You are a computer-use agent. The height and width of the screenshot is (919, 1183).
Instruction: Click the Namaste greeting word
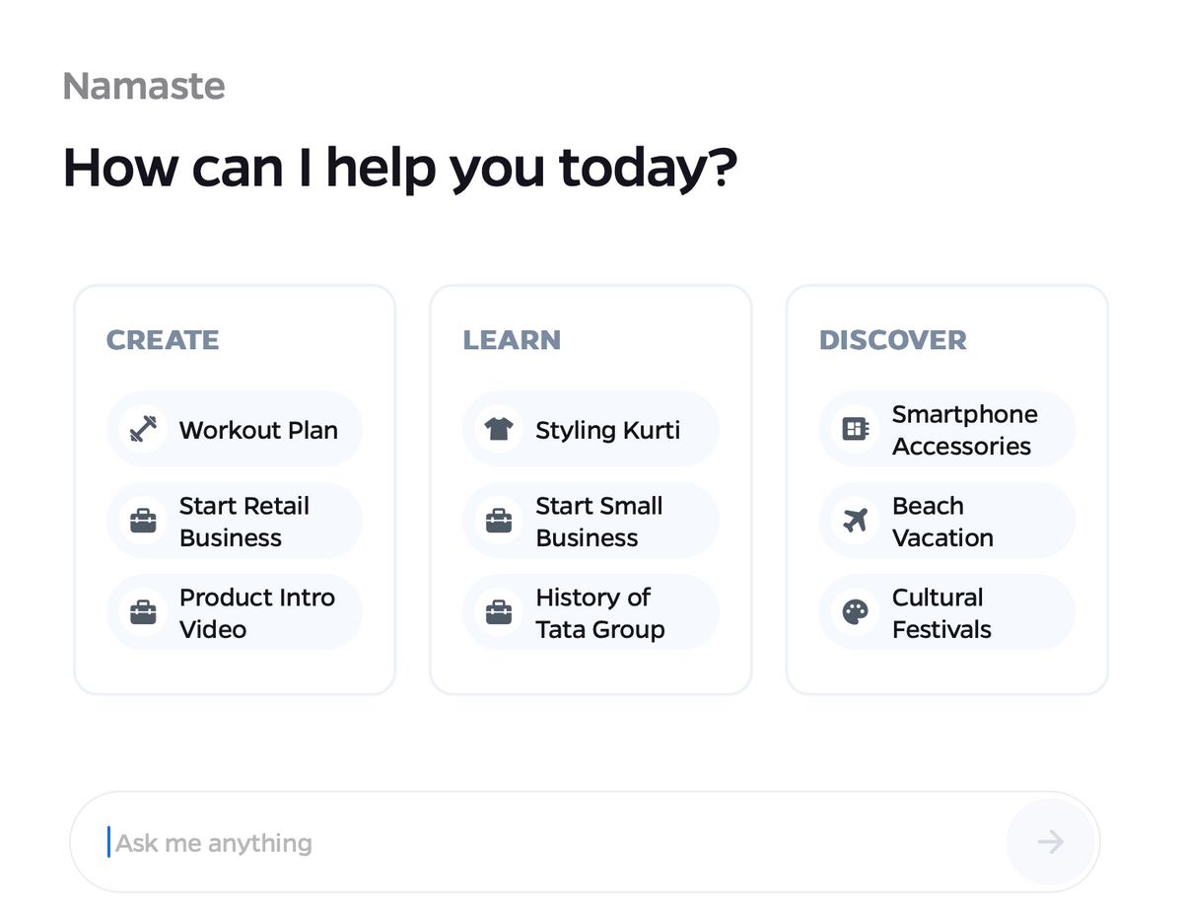(144, 86)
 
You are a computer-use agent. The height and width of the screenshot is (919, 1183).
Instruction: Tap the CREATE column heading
(163, 340)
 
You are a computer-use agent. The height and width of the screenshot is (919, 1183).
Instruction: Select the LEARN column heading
(512, 340)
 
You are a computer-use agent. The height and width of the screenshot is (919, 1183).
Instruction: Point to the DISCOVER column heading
(892, 340)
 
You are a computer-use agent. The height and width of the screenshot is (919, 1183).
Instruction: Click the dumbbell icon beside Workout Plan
(143, 430)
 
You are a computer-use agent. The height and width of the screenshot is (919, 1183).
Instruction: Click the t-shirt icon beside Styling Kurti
(499, 430)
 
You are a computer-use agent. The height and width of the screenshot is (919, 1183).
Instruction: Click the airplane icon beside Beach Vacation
(855, 520)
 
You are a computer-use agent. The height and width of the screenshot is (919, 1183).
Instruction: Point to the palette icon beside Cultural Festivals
(855, 612)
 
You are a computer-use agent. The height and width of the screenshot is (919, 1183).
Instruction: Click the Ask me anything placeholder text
(214, 843)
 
